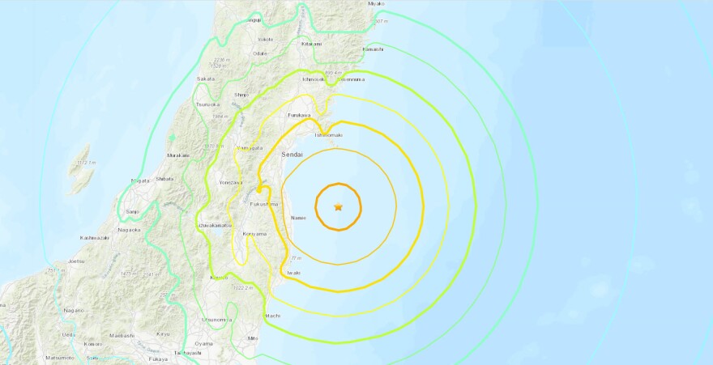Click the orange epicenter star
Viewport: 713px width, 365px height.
click(x=338, y=207)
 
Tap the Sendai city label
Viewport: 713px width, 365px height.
click(x=292, y=153)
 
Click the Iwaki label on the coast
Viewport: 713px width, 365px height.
click(x=292, y=273)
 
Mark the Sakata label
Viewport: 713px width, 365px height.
click(x=206, y=79)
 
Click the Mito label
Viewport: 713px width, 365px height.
click(x=254, y=337)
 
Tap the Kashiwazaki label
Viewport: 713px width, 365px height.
click(x=95, y=238)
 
